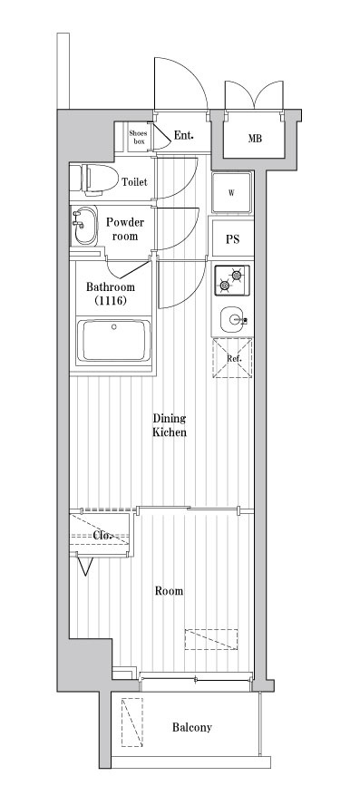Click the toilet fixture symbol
[x=92, y=179]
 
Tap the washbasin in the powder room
[x=84, y=226]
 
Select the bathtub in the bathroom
[x=113, y=340]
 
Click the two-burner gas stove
[x=231, y=280]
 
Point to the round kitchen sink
[x=232, y=320]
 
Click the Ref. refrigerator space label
[x=234, y=359]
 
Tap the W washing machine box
[x=231, y=193]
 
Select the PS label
[x=233, y=239]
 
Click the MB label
[x=255, y=139]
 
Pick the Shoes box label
[x=138, y=137]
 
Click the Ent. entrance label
[x=183, y=136]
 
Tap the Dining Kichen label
[x=170, y=425]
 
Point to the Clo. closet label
[x=103, y=535]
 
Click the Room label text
[x=169, y=591]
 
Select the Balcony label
[x=192, y=727]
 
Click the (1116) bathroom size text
[x=110, y=301]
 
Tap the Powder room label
[x=125, y=229]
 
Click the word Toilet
[x=134, y=181]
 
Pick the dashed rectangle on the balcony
[x=132, y=723]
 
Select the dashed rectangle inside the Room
[x=211, y=640]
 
